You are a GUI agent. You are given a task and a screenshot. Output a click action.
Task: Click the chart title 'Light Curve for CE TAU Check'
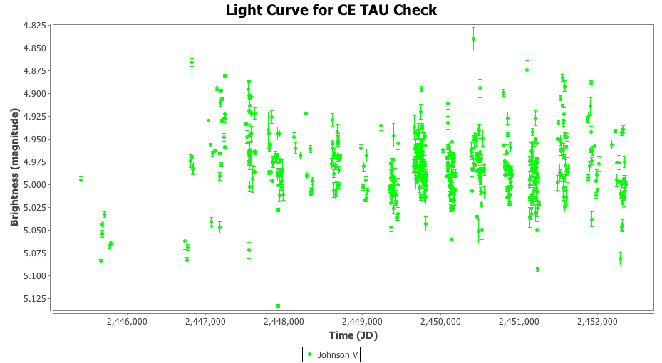(331, 10)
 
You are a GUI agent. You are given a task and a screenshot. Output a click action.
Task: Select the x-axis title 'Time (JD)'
(353, 335)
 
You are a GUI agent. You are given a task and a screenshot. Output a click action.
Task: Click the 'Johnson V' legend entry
(331, 354)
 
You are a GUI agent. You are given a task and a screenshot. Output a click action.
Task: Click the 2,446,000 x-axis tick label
(127, 322)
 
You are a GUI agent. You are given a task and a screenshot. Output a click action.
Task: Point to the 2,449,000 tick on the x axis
(362, 322)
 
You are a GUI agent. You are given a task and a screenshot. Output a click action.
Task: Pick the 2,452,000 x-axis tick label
(597, 322)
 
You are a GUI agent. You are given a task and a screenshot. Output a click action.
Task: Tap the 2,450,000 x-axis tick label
(440, 322)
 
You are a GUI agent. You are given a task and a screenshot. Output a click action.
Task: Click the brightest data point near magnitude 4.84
(473, 38)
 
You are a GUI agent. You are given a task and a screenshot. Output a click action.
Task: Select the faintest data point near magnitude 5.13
(278, 306)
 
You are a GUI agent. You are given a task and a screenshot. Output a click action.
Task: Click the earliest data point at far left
(81, 180)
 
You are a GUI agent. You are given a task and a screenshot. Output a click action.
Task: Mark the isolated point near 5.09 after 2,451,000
(537, 269)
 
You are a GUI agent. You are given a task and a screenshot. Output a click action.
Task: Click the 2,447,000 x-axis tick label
(205, 322)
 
